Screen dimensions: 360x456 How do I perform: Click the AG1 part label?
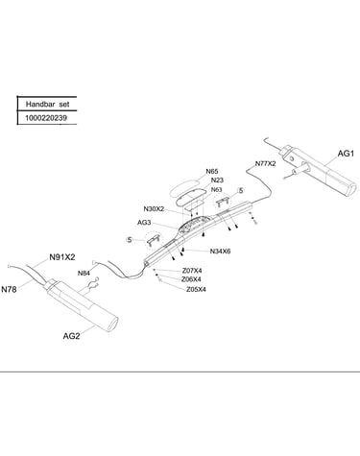[x=346, y=154]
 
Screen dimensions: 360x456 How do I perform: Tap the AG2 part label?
[x=71, y=336]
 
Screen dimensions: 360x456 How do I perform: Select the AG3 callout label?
[x=144, y=223]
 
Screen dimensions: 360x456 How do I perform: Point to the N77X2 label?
[x=265, y=163]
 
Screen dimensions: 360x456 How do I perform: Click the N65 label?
[x=212, y=172]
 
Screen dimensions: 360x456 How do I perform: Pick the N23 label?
[x=217, y=180]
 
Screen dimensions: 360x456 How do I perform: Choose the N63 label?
[x=217, y=190]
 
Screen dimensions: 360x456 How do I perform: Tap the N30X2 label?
[x=154, y=209]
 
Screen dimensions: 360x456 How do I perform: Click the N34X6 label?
[x=220, y=252]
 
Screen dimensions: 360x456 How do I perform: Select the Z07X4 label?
[x=192, y=271]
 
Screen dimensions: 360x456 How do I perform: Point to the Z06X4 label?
[x=191, y=279]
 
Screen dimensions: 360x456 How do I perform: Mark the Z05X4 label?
[x=196, y=290]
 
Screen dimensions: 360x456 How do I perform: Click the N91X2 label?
[x=62, y=257]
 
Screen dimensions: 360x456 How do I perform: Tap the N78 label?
[x=9, y=289]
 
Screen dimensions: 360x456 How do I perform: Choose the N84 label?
[x=84, y=273]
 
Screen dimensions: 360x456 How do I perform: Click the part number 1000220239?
[x=46, y=118]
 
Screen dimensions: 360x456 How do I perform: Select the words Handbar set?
[x=47, y=105]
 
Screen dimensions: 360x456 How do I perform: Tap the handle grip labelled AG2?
[x=83, y=306]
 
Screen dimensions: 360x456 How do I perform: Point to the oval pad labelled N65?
[x=183, y=186]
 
